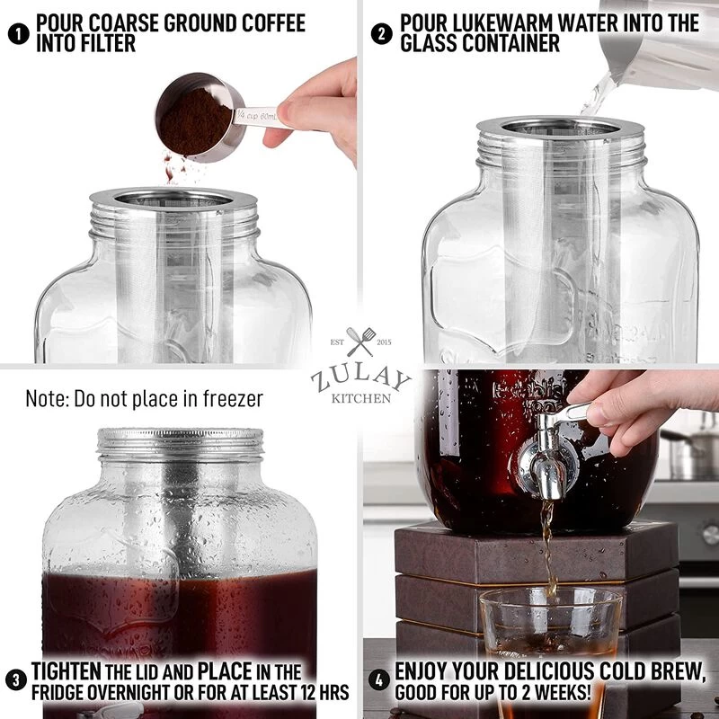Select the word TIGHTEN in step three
coord(67,671)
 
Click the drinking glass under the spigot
coord(549,634)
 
